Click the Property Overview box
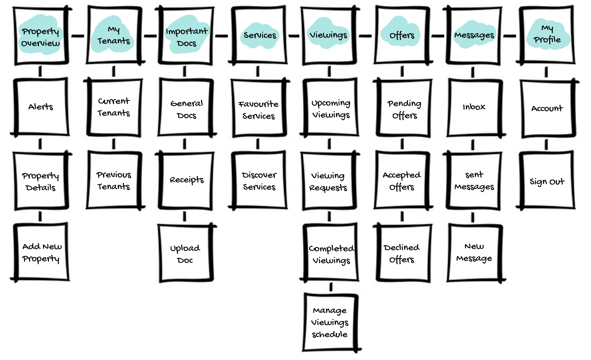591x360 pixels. coord(41,36)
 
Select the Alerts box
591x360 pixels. coord(41,107)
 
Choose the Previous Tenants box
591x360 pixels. coord(114,180)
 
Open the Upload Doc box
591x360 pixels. coord(185,254)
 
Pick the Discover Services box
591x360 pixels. coord(259,180)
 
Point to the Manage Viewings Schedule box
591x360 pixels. coord(330,322)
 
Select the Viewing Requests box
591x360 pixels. coord(329,181)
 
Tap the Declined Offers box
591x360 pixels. coord(402,253)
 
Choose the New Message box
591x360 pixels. coord(474,253)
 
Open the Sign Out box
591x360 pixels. coord(547,181)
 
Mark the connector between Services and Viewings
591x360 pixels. coord(294,36)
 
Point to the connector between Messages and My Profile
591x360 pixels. coord(509,36)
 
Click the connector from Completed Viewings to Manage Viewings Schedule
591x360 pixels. coord(331,287)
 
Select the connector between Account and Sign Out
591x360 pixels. coord(546,144)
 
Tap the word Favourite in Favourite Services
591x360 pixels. coord(258,104)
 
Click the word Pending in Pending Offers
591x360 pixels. coord(404,103)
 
